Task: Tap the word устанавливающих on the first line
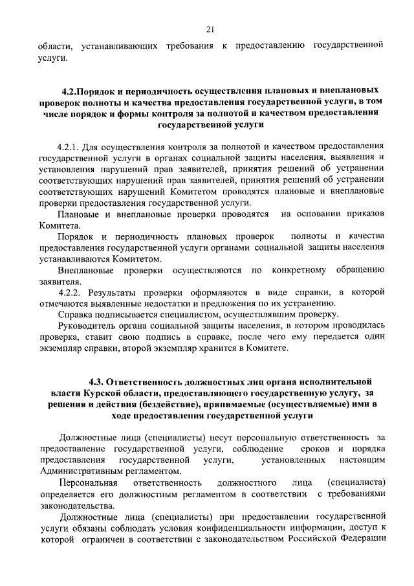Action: (121, 47)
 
